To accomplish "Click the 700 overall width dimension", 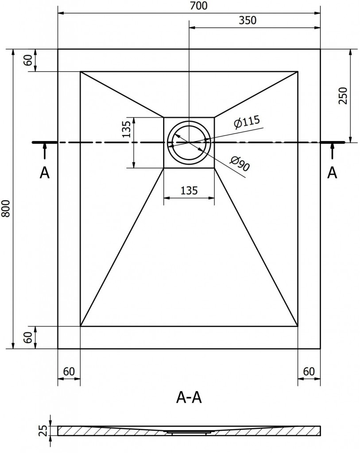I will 189,6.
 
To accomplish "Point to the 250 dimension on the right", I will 343,95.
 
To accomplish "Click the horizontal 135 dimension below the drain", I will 189,191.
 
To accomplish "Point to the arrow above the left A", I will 44,151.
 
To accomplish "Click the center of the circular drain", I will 189,142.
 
